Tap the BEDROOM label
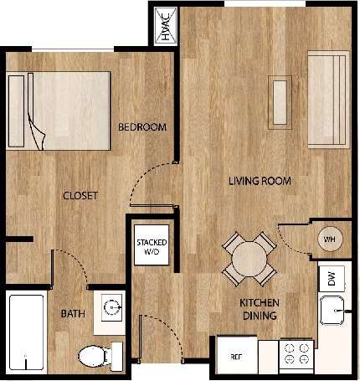tap(141, 127)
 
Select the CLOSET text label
tap(81, 196)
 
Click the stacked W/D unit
tap(152, 247)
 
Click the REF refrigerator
tap(237, 356)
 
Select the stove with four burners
tap(296, 355)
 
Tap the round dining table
tap(248, 259)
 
